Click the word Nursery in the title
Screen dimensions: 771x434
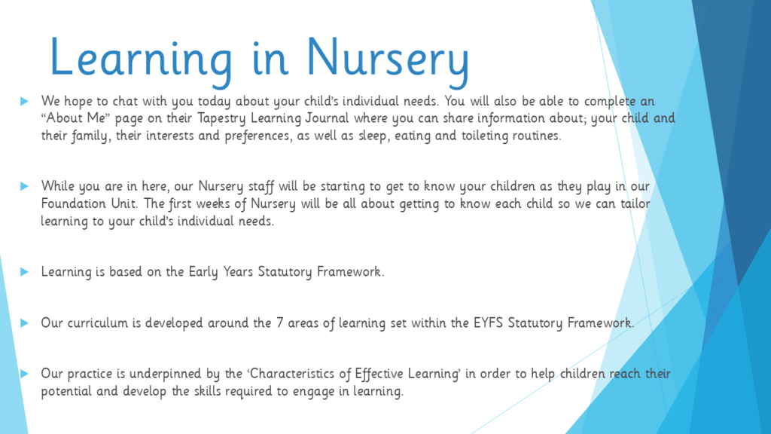[x=388, y=58]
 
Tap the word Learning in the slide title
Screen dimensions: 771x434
[x=141, y=58]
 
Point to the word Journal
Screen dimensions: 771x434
[x=327, y=119]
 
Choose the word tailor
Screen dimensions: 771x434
[x=635, y=203]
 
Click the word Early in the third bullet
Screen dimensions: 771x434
[x=203, y=272]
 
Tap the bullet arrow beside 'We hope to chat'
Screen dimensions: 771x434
[x=24, y=102]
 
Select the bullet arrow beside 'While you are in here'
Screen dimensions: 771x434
[x=24, y=187]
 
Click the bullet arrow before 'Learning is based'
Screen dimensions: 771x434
[x=24, y=272]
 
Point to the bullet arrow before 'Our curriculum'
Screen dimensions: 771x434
[x=24, y=322]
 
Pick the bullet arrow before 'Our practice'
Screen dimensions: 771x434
[x=24, y=374]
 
